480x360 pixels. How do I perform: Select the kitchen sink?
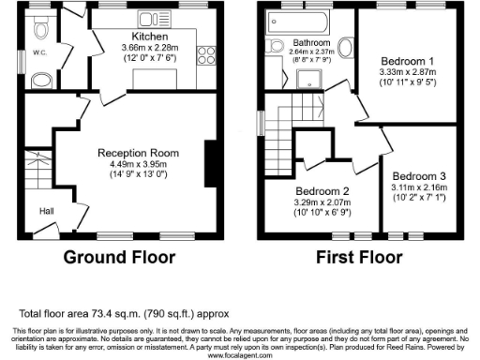(160, 19)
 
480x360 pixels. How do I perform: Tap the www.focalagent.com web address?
(240, 355)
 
